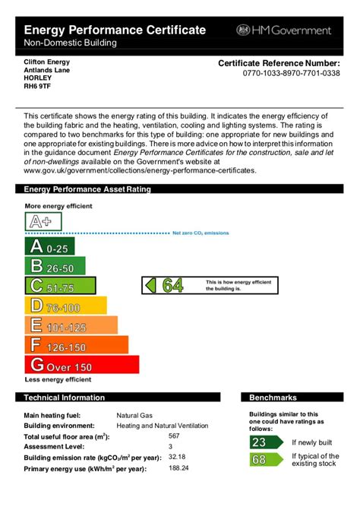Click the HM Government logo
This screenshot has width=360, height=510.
pos(285,30)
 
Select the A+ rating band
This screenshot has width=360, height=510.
pos(43,222)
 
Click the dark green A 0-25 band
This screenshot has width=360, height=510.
pos(49,246)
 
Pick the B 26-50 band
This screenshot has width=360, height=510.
pos(55,266)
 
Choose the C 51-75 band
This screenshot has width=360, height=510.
pos(60,286)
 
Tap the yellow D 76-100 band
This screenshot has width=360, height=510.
pos(65,306)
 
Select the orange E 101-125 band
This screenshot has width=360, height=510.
pos(71,325)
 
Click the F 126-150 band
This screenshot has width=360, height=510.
pos(76,345)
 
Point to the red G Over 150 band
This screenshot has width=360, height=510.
pos(81,366)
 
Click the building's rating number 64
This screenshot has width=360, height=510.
pos(172,286)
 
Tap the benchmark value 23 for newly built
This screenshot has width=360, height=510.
pos(259,442)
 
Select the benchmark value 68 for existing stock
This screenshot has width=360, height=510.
pos(259,460)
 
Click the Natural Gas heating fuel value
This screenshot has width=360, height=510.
pos(134,416)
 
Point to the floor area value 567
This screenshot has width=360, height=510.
pos(175,436)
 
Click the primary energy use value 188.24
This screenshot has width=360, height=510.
pos(178,468)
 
